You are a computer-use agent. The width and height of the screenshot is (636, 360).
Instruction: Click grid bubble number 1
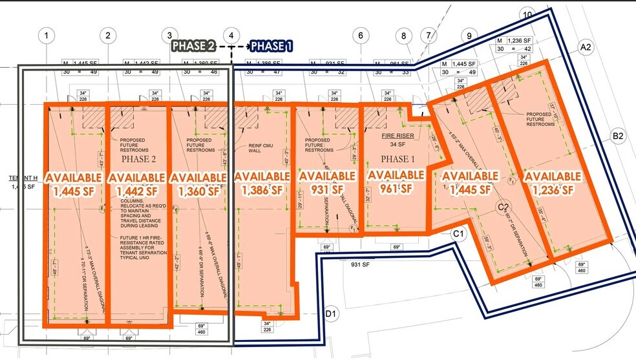48,36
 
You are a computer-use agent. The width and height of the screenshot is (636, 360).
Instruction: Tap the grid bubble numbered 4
231,36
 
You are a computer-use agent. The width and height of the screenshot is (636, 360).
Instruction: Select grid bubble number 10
528,15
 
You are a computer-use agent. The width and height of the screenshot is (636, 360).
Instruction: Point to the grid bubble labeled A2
586,47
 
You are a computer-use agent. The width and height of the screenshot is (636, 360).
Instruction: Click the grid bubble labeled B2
618,136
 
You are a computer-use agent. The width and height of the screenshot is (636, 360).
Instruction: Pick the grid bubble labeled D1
331,314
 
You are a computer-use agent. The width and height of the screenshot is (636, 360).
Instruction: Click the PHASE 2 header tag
193,46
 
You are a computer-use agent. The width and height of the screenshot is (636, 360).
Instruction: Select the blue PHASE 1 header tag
271,46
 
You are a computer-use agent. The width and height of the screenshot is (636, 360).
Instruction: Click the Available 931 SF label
327,182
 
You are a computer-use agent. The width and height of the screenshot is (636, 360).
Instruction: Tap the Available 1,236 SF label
551,183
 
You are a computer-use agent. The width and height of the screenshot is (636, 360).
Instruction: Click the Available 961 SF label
395,182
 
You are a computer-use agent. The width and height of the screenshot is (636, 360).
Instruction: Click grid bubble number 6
360,36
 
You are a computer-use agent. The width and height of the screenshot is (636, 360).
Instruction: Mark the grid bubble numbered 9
465,36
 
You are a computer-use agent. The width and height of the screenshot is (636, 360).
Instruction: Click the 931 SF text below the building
359,264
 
